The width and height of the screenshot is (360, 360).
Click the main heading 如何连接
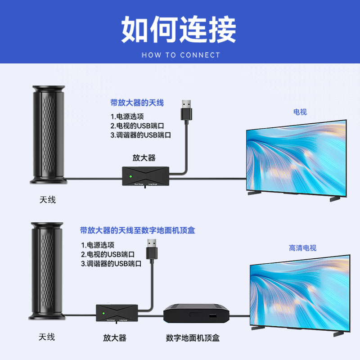click(179, 30)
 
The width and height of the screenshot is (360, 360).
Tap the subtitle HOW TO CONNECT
click(181, 55)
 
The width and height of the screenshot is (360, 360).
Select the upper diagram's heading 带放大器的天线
click(137, 103)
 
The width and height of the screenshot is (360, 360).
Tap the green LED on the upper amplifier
click(130, 176)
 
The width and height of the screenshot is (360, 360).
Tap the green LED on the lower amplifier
click(103, 313)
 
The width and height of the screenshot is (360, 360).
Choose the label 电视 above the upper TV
click(300, 112)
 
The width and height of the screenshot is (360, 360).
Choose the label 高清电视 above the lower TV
click(302, 248)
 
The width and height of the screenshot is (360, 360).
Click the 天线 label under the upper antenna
click(47, 200)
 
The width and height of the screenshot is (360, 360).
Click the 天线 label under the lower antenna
click(46, 337)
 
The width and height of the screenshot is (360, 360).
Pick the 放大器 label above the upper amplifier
click(144, 157)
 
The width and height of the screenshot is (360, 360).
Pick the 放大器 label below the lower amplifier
click(115, 338)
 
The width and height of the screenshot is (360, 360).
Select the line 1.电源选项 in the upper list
click(127, 117)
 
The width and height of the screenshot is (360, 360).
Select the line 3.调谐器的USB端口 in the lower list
click(111, 264)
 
